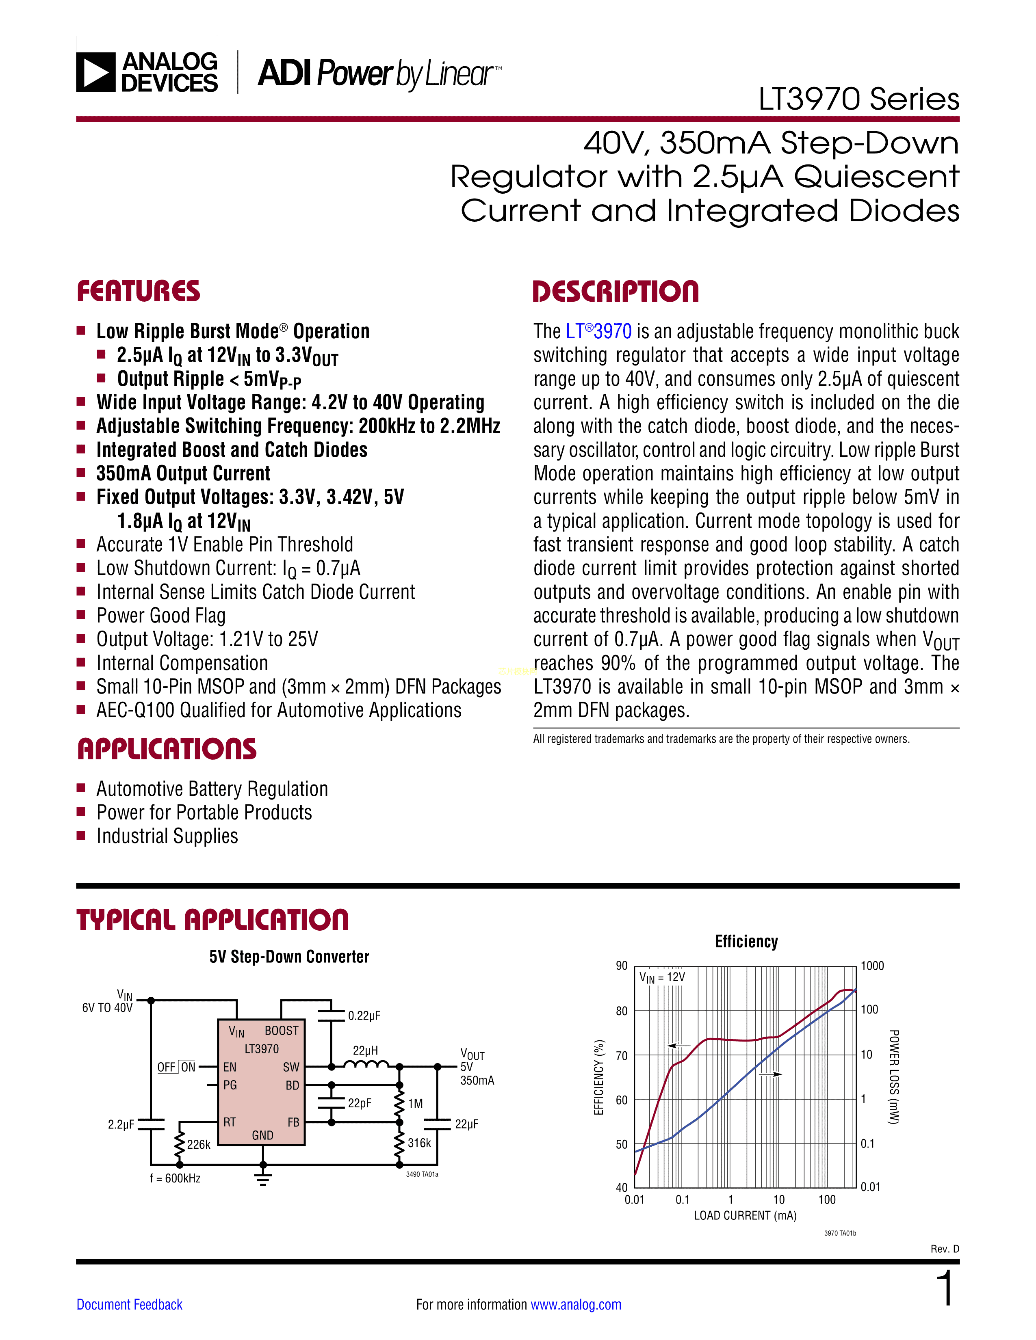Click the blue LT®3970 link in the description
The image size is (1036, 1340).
pyautogui.click(x=598, y=331)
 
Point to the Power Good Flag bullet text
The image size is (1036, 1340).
pyautogui.click(x=161, y=616)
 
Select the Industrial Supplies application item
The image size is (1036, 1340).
pyautogui.click(x=167, y=836)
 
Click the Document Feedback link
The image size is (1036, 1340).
pyautogui.click(x=130, y=1304)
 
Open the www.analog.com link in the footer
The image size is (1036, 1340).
pyautogui.click(x=576, y=1304)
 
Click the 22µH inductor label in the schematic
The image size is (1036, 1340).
pyautogui.click(x=365, y=1050)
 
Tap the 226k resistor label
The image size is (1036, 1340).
pyautogui.click(x=198, y=1144)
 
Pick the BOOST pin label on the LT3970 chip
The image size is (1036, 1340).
pyautogui.click(x=281, y=1031)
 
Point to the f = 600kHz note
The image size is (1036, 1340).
pyautogui.click(x=175, y=1178)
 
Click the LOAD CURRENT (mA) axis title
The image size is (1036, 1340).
pyautogui.click(x=745, y=1215)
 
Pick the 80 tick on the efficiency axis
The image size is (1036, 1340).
pyautogui.click(x=622, y=1011)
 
